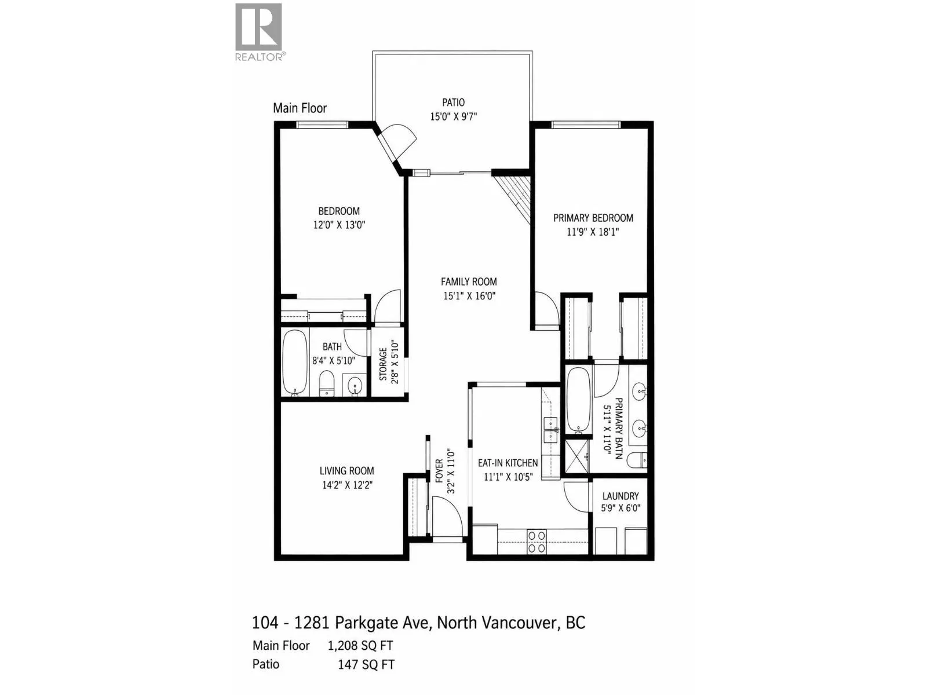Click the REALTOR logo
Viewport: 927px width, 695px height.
point(258,32)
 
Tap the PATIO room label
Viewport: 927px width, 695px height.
point(453,103)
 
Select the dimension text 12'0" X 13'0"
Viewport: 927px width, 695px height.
point(339,225)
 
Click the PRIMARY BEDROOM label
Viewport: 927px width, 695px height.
point(593,218)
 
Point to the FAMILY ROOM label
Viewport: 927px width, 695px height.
point(469,282)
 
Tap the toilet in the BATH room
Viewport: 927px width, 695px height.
point(326,383)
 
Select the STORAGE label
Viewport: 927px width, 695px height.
point(383,364)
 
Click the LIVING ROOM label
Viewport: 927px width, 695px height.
point(346,471)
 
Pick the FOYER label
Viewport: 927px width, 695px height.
point(439,471)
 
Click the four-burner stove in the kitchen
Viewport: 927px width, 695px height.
point(537,542)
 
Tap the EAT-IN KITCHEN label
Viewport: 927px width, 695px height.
point(508,463)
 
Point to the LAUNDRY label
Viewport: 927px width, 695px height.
point(621,496)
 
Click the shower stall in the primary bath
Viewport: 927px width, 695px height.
point(576,456)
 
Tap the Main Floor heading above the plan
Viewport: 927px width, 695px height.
point(300,108)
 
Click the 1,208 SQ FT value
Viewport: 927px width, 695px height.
point(360,646)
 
